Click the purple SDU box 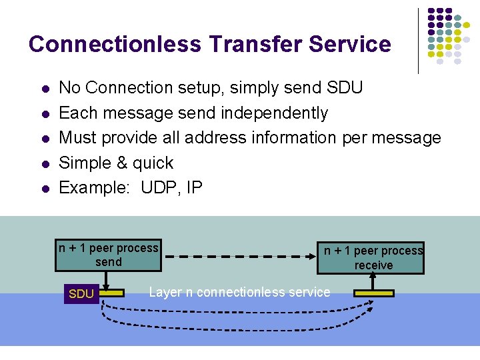(81, 293)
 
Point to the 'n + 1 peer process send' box (108, 255)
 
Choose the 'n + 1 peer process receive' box (373, 258)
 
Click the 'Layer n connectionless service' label (239, 292)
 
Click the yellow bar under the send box (113, 293)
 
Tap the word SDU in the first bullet (345, 87)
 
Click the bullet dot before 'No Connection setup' (44, 89)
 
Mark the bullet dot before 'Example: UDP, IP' (44, 189)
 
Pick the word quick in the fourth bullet (153, 163)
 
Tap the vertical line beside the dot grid (419, 40)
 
